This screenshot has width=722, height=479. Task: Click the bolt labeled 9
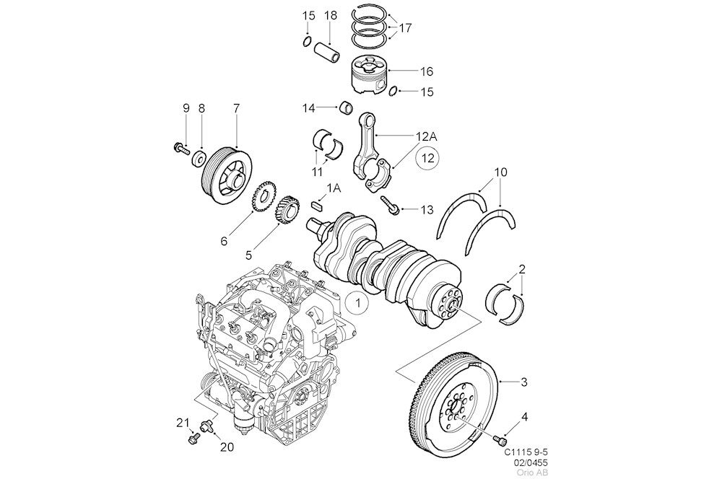click(x=179, y=149)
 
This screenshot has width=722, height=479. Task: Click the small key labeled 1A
click(x=315, y=206)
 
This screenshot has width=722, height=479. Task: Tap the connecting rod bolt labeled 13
click(x=391, y=206)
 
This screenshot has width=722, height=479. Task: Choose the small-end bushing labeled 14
click(x=347, y=109)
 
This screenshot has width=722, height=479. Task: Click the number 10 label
click(x=501, y=172)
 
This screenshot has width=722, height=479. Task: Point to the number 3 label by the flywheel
click(x=524, y=381)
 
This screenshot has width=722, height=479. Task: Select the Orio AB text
click(x=535, y=473)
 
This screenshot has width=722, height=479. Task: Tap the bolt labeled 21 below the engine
click(x=193, y=437)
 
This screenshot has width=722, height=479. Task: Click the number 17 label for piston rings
click(x=405, y=28)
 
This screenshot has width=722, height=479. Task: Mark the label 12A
click(x=425, y=136)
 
